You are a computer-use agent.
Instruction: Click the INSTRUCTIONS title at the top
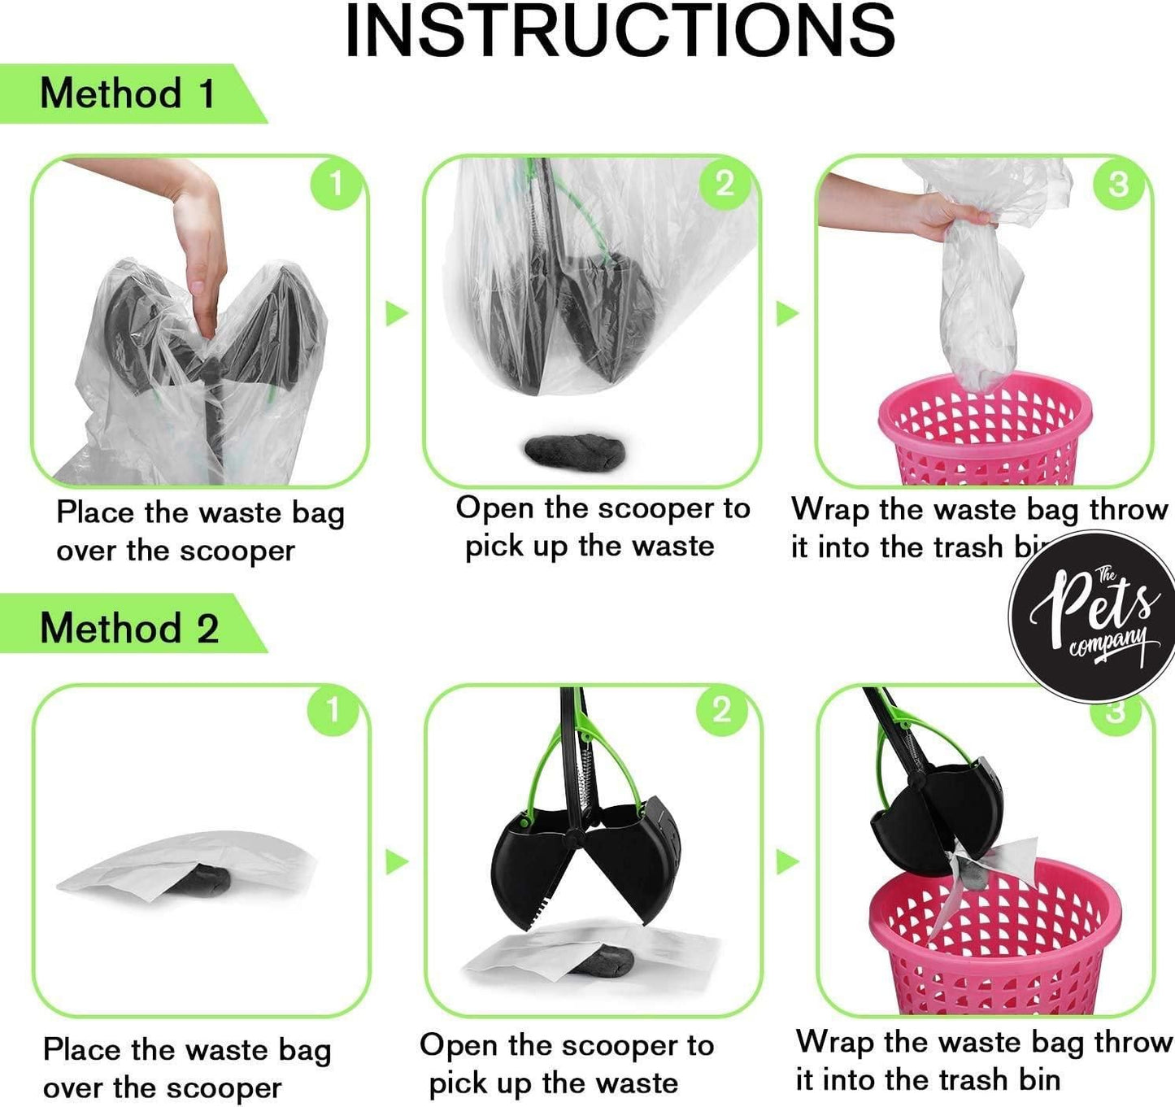(x=620, y=31)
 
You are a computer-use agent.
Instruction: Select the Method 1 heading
(x=128, y=94)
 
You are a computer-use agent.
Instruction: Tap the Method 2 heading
(x=129, y=628)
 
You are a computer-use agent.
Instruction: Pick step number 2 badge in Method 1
(x=725, y=184)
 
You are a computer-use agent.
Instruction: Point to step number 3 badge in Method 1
(x=1119, y=185)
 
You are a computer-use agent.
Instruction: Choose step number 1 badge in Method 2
(x=332, y=711)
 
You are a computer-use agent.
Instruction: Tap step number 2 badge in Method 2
(x=721, y=711)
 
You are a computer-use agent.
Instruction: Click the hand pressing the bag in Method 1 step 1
(x=198, y=244)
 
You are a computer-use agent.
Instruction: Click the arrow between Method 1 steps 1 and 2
(x=396, y=313)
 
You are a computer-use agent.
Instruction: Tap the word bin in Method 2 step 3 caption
(x=1038, y=1080)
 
